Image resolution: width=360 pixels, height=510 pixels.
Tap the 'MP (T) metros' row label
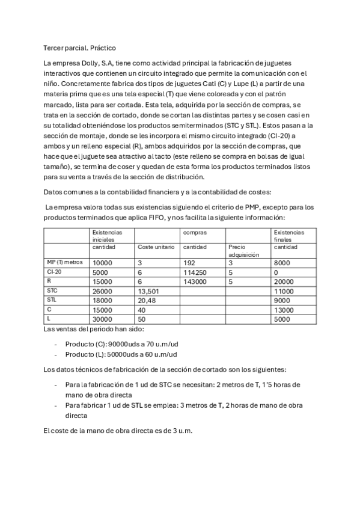coord(65,263)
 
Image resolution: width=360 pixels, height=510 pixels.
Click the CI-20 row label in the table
coord(54,272)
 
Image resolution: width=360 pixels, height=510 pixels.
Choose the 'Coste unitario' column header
coord(156,247)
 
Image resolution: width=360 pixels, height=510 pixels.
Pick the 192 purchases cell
coord(189,263)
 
